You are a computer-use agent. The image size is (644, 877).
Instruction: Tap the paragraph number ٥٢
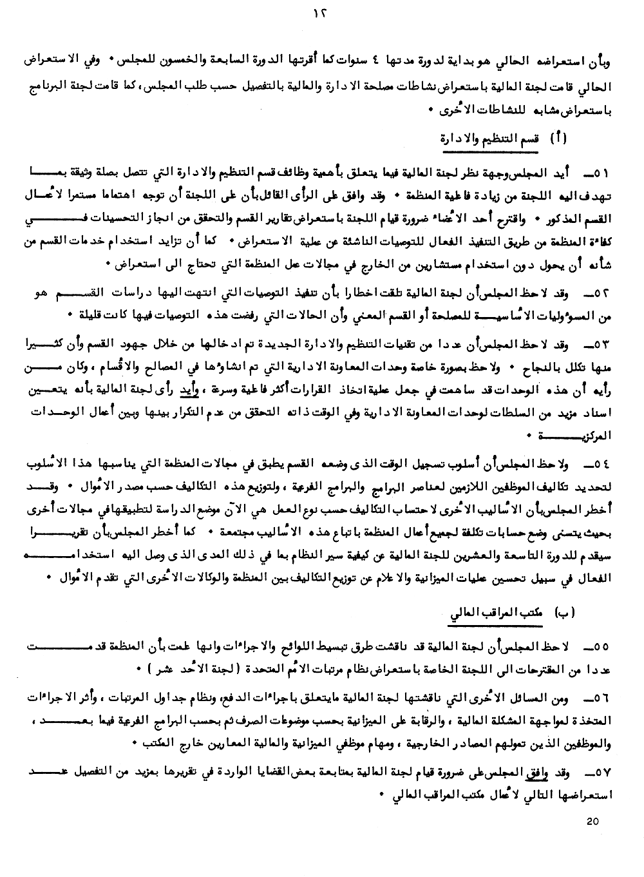click(601, 294)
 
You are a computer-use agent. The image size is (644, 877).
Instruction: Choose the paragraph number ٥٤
click(601, 466)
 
